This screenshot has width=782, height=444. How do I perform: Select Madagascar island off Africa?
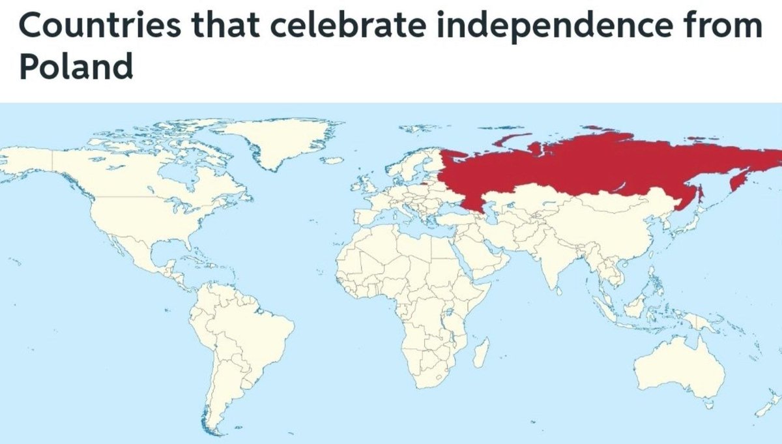480,353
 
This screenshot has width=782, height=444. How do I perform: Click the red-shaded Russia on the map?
586,166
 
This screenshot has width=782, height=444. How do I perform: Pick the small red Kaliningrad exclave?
424,185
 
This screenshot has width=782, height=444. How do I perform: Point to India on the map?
554,261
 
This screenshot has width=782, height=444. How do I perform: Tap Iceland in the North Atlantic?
333,160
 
